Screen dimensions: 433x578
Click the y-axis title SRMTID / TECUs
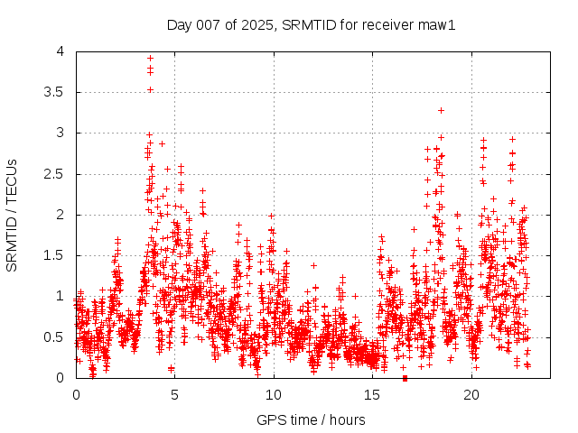[12, 215]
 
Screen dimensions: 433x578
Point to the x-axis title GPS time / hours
[311, 419]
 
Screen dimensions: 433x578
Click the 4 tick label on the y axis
[61, 51]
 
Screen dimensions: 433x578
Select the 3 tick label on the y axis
[61, 133]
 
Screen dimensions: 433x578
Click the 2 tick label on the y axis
[61, 215]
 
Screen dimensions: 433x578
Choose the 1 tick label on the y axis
[61, 296]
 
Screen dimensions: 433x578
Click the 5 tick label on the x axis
[174, 395]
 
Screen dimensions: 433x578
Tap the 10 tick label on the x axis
[274, 395]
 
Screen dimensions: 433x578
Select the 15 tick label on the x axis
[372, 395]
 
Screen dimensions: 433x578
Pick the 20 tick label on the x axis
[471, 395]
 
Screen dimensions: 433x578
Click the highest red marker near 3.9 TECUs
[150, 58]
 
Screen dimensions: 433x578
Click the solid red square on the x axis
[405, 378]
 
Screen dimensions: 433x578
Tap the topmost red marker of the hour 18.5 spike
[441, 110]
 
